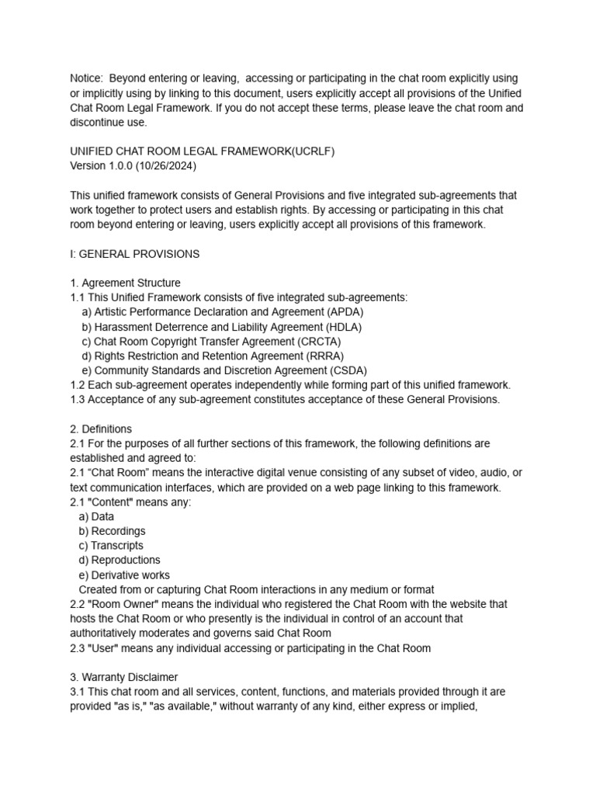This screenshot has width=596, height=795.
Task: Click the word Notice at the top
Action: (x=86, y=78)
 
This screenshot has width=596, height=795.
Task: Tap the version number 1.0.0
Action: (x=124, y=166)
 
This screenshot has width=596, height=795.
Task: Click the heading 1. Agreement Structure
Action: (x=125, y=283)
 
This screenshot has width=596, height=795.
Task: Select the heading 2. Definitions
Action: (x=101, y=429)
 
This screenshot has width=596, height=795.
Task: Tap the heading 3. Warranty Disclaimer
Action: (x=124, y=677)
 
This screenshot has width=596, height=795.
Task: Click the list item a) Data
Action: (x=96, y=516)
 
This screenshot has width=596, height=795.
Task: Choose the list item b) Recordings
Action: (x=112, y=531)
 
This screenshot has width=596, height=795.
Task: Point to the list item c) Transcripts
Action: (x=111, y=546)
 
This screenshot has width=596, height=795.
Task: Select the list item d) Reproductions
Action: (x=120, y=560)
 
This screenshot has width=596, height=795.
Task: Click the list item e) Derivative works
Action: (x=124, y=575)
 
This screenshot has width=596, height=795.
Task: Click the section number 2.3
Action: (x=78, y=648)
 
